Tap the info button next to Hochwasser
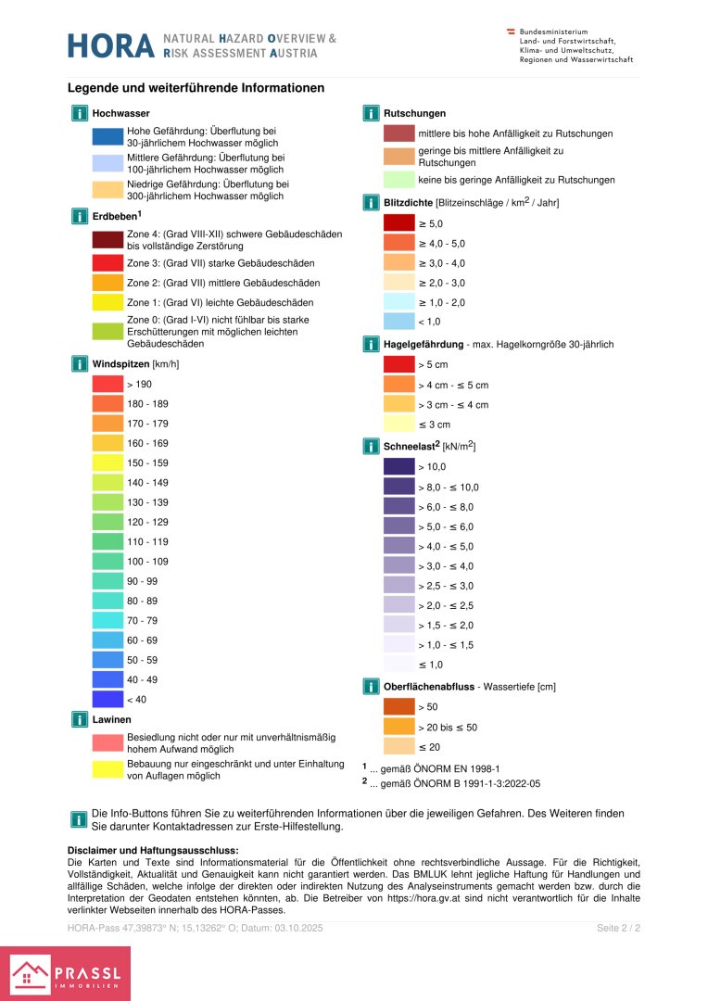pos(80,113)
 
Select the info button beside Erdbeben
pos(80,216)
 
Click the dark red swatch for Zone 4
pos(107,241)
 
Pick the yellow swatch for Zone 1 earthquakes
pos(107,302)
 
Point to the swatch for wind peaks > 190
pos(107,384)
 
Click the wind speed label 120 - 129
pos(147,522)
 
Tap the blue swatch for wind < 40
pos(107,699)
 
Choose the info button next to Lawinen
pos(80,719)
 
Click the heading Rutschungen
pos(414,113)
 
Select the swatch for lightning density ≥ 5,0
pos(399,223)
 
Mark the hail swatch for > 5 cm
pos(399,364)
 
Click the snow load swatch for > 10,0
pos(399,467)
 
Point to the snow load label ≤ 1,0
pos(431,665)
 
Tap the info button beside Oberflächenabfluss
pos(371,687)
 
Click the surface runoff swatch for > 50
pos(399,707)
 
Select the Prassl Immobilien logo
pos(65,973)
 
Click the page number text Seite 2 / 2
pos(619,928)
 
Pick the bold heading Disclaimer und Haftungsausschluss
pos(153,850)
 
